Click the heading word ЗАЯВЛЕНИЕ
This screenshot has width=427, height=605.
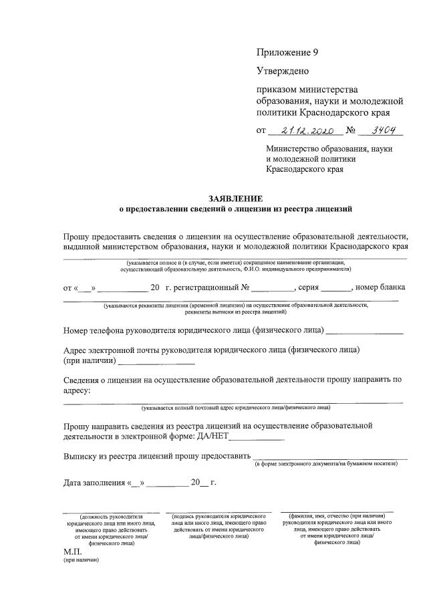click(235, 199)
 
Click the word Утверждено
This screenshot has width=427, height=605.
click(283, 71)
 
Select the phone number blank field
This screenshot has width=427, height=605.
click(365, 330)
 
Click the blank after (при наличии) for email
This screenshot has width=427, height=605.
click(156, 361)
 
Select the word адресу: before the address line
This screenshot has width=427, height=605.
click(77, 390)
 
